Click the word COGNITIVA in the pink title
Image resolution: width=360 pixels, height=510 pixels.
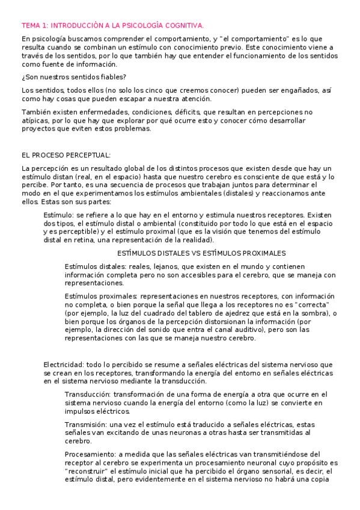[x=183, y=25]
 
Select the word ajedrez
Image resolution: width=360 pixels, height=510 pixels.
[x=244, y=313]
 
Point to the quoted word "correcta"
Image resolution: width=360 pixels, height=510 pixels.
[x=314, y=304]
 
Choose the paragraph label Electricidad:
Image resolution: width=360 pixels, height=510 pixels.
[x=64, y=364]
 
